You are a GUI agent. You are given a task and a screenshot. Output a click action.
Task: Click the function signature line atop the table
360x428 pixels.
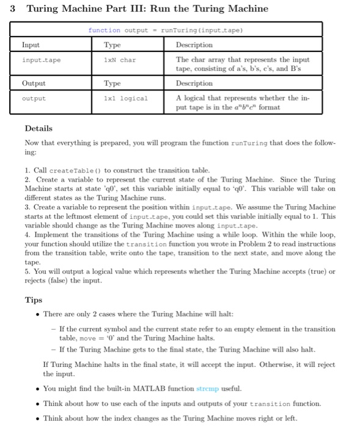(164, 30)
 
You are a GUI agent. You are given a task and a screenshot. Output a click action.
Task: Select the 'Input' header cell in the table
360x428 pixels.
(31, 45)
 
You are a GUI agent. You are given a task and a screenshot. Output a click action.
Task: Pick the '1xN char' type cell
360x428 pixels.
(119, 60)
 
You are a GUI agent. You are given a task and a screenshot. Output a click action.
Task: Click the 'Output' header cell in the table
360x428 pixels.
(33, 83)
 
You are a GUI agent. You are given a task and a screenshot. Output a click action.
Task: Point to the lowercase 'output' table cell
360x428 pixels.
(34, 98)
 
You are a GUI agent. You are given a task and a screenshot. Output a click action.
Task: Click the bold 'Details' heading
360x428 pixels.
(39, 128)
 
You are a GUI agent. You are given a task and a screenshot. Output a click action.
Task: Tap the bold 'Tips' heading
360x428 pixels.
(33, 300)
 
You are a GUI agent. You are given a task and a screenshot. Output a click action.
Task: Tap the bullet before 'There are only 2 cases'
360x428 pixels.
(38, 314)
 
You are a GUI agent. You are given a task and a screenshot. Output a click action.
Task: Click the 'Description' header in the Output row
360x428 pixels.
(194, 83)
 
